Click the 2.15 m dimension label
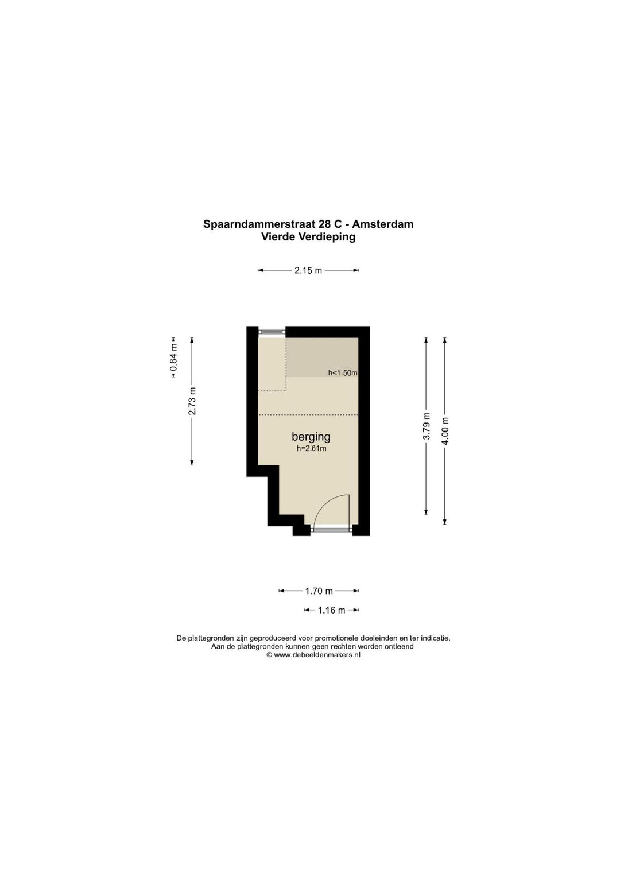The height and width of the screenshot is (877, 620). [x=308, y=270]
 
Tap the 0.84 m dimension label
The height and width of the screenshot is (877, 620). [x=173, y=357]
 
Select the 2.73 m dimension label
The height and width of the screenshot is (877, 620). [x=192, y=401]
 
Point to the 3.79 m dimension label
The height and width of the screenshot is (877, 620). [x=427, y=426]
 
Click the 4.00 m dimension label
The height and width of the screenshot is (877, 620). [x=445, y=431]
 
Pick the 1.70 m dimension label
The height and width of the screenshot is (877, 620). [x=319, y=591]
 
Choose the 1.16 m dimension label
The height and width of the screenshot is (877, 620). [x=331, y=610]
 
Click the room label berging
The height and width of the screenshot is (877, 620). [x=311, y=437]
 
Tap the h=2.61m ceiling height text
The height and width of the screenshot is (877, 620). [x=311, y=449]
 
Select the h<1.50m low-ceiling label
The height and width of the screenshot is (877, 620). [x=343, y=372]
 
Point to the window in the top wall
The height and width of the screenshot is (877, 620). [x=272, y=332]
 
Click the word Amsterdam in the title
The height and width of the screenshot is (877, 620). [x=383, y=224]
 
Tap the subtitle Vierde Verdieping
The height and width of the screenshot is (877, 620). [x=308, y=237]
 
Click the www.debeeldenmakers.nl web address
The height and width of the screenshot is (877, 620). [x=317, y=655]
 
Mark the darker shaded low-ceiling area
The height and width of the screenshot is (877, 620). [x=322, y=357]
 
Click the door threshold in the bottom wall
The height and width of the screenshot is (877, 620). [x=331, y=530]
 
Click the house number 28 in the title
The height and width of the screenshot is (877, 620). [x=331, y=224]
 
